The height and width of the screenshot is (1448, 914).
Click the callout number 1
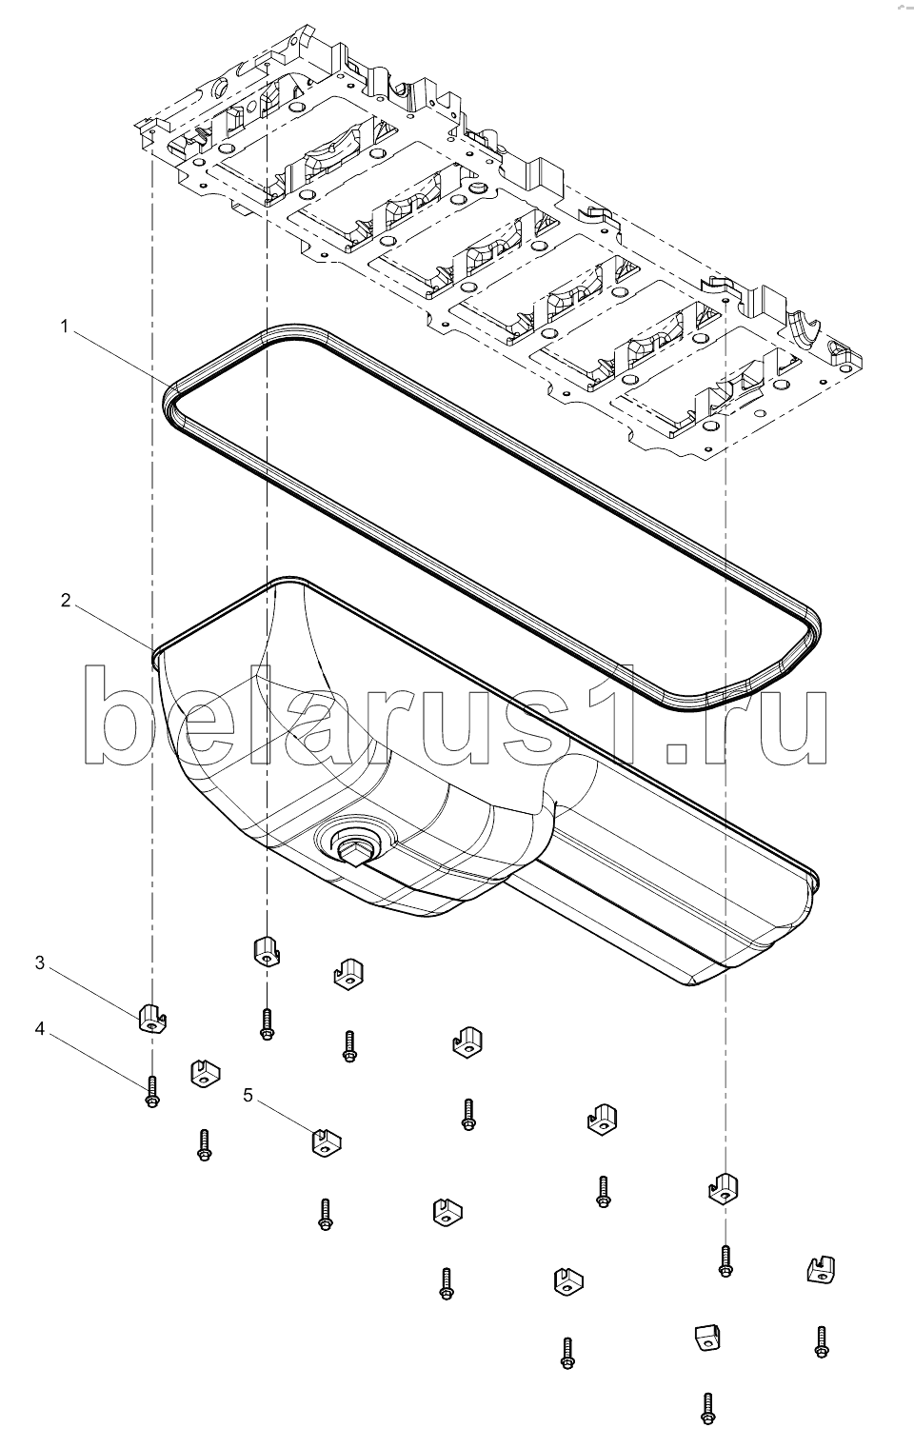[x=65, y=327]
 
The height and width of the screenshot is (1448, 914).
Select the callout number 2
[x=66, y=601]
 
